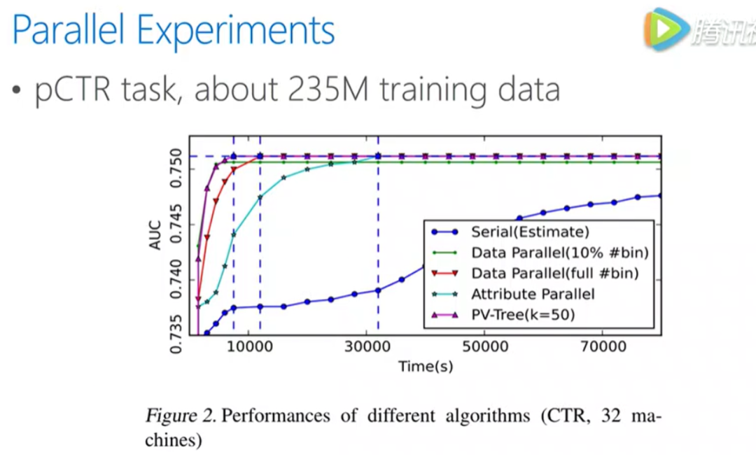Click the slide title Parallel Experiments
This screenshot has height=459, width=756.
click(x=174, y=31)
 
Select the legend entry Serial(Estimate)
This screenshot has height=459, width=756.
click(x=530, y=232)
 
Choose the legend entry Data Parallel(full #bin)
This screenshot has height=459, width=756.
click(x=555, y=273)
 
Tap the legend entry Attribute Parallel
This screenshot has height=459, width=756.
click(x=532, y=294)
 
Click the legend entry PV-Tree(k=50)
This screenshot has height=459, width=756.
click(x=523, y=315)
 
